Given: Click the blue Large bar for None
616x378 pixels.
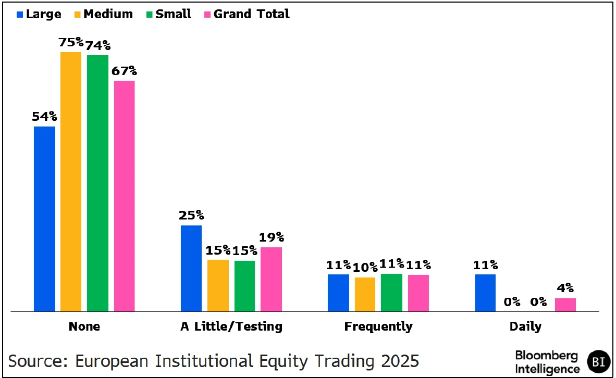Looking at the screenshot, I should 44,219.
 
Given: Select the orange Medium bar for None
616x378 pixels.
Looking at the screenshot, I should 71,182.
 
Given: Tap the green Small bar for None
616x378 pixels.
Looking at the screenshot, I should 97,183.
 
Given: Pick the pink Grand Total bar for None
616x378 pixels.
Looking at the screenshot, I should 124,196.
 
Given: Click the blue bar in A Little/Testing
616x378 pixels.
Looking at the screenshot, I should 191,268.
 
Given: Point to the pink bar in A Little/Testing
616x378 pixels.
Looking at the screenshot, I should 271,279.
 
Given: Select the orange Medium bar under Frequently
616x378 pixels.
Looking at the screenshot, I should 365,294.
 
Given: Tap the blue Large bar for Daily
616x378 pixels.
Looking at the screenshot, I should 485,293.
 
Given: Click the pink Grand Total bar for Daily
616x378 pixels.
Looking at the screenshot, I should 565,305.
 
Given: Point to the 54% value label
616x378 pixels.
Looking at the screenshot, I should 44,117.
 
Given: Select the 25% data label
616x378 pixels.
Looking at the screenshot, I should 191,216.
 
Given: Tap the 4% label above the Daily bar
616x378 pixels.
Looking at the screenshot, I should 565,288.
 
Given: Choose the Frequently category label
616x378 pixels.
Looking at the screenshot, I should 378,327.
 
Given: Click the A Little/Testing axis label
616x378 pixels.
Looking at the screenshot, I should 231,327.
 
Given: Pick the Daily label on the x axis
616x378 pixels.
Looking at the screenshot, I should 525,327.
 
